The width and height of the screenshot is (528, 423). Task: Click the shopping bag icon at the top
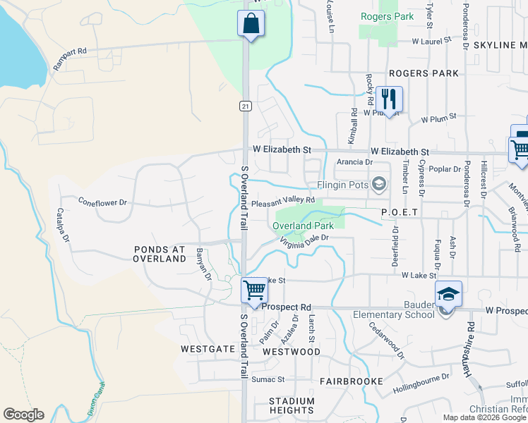coord(251,24)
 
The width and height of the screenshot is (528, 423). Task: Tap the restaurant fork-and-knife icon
coord(388,97)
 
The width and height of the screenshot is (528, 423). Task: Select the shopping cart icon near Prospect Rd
coord(253,290)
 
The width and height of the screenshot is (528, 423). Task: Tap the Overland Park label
coord(303,226)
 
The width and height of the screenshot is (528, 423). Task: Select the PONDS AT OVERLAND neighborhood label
coord(160,254)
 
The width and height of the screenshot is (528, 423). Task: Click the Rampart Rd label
coord(72,51)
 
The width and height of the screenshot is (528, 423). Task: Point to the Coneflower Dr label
coord(102,202)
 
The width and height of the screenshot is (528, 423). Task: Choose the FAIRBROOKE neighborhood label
coord(351,381)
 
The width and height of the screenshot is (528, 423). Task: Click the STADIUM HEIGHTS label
coord(292,405)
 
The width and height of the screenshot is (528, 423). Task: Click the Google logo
coord(23,414)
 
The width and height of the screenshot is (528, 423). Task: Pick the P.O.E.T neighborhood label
coord(400,212)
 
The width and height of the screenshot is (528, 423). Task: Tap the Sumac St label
coord(268,379)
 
